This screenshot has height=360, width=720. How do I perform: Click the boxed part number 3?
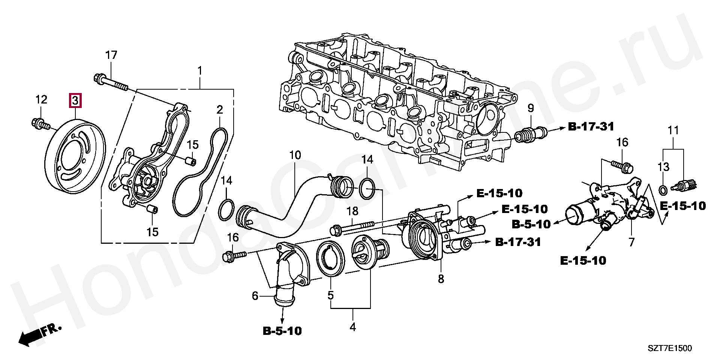click(x=75, y=100)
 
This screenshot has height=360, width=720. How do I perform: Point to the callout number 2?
click(x=219, y=110)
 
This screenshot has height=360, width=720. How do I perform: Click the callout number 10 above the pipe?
click(x=295, y=155)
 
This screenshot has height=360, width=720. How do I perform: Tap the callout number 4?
click(x=352, y=327)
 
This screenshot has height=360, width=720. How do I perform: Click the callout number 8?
click(x=441, y=279)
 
